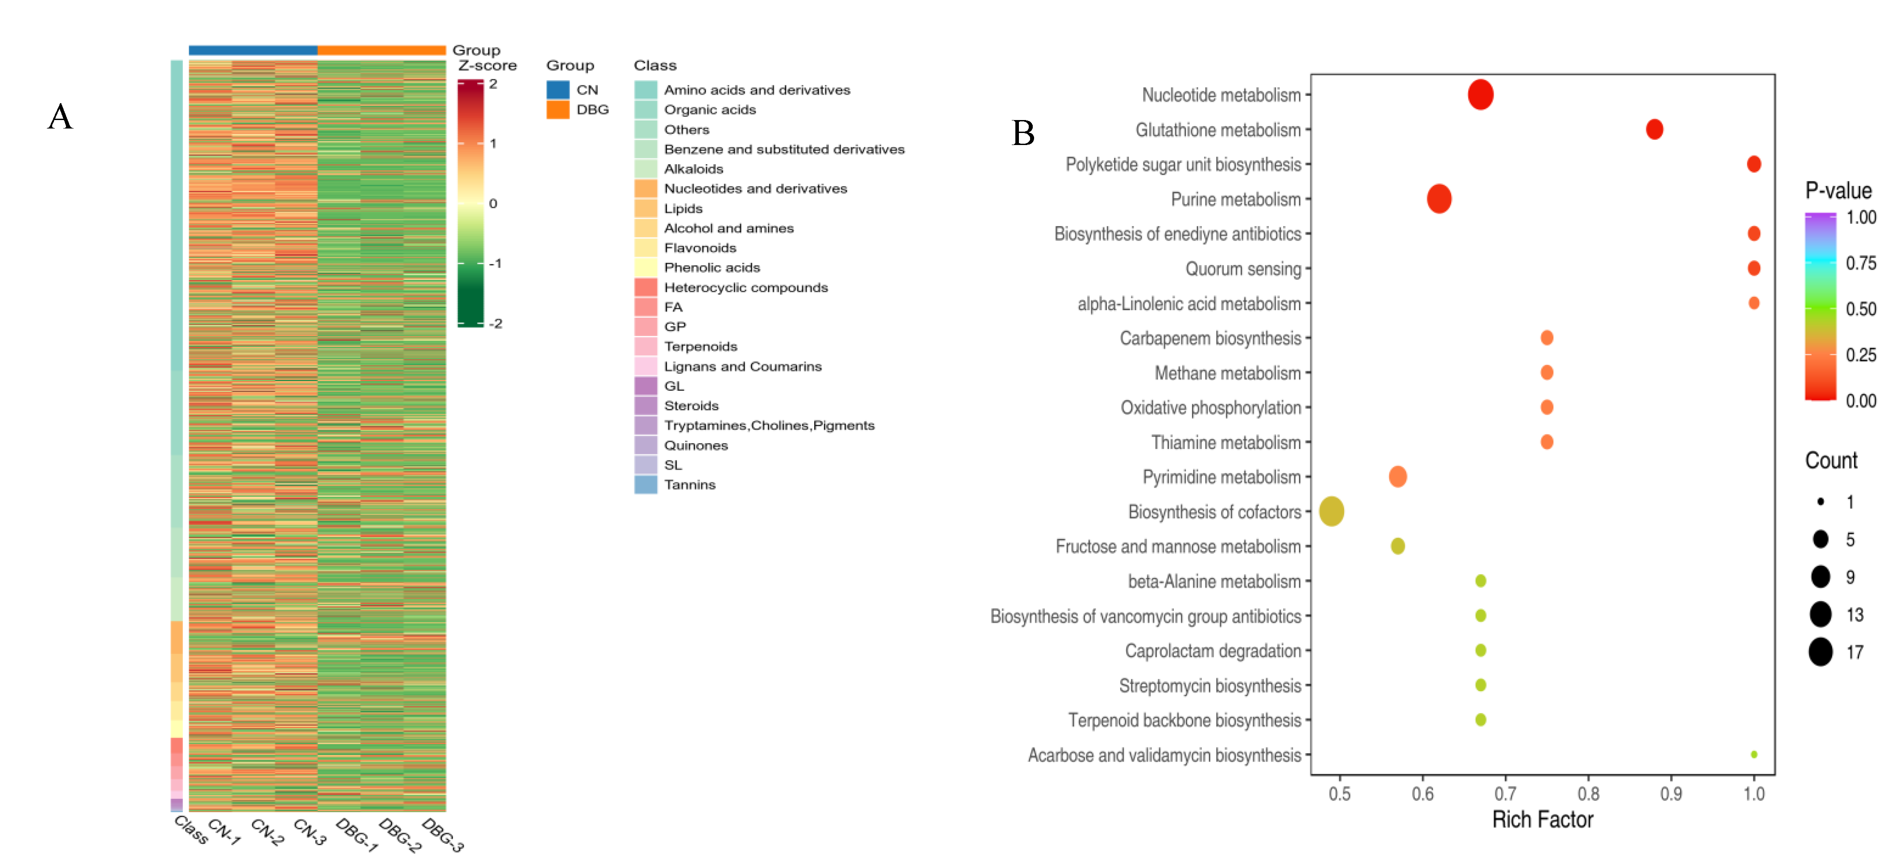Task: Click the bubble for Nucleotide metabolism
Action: (1480, 95)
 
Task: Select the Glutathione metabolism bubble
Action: (1654, 129)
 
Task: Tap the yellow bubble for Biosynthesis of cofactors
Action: (1331, 511)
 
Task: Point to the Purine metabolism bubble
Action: (1439, 199)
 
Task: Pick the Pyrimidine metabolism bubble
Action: (1398, 477)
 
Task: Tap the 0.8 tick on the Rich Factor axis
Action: (1588, 794)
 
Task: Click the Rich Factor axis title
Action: (1542, 819)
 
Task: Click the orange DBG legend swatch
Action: (558, 110)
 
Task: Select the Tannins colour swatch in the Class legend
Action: (646, 485)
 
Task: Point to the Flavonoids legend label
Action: (700, 248)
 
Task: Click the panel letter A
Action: (61, 116)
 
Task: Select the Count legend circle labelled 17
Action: (1820, 652)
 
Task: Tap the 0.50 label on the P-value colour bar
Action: (1861, 309)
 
